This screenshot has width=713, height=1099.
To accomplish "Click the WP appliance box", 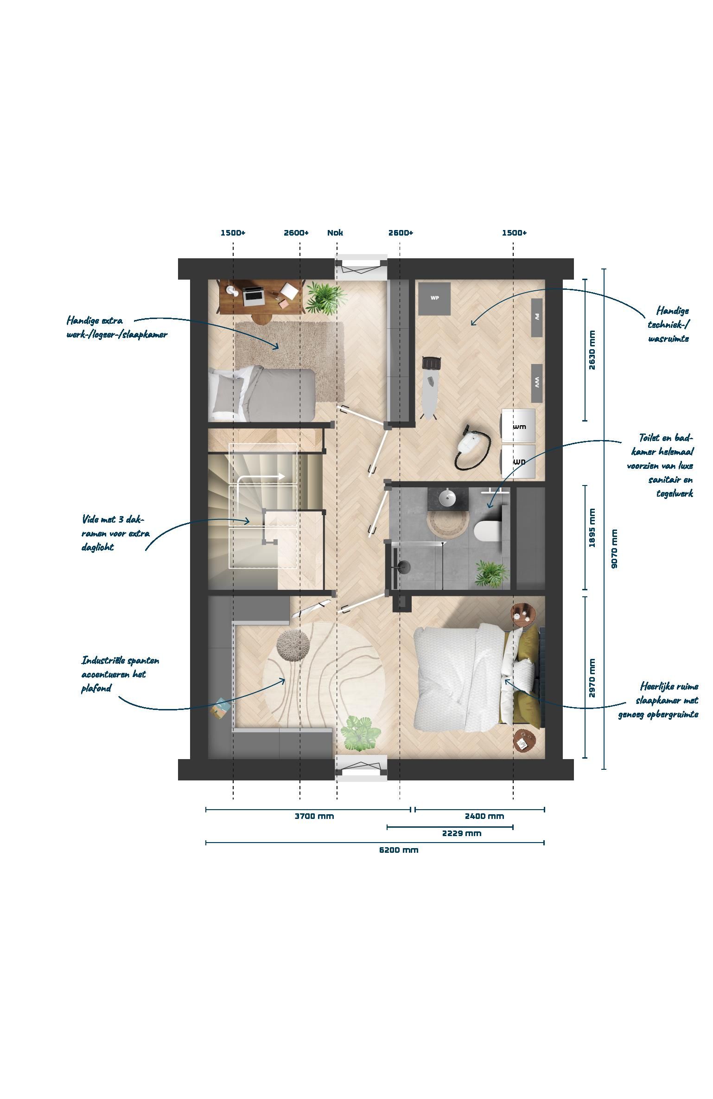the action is pos(434,299).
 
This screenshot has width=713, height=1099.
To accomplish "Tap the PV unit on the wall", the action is pos(537,318).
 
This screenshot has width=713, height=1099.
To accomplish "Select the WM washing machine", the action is pos(518,426).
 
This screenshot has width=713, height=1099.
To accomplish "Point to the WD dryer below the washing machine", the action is pos(518,462).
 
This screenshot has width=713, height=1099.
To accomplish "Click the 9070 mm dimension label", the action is pos(614,549).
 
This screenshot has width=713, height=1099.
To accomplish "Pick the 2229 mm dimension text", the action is pos(462,833).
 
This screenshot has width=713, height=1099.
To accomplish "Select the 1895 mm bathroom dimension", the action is pos(592,528).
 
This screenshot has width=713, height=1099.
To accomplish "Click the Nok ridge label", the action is pos(335,233).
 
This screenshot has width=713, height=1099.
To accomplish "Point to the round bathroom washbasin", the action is pos(448,499).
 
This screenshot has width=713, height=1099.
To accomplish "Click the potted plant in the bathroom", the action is pos(491,574).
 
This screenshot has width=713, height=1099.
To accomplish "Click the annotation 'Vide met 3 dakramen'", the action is pos(115,533).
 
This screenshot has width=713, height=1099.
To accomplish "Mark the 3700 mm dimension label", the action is pos(314,816).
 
